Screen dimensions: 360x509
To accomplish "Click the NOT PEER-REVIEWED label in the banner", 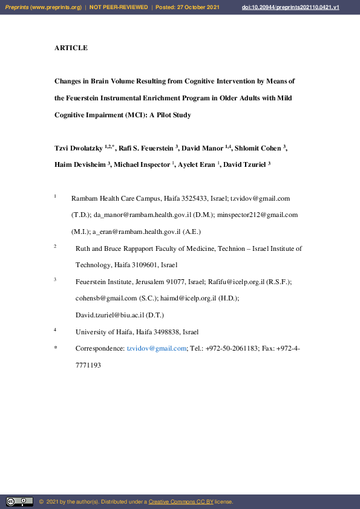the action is [119, 7].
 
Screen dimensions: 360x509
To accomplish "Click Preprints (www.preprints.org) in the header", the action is [43, 7].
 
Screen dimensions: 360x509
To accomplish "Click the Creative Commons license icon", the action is [19, 501].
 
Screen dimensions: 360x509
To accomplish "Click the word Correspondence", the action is [99, 349].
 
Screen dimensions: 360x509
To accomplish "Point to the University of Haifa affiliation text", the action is [137, 332].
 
